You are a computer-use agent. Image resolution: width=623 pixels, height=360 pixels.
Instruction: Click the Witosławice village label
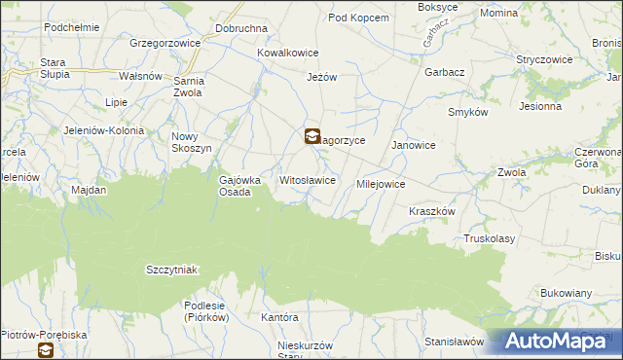tap(308, 181)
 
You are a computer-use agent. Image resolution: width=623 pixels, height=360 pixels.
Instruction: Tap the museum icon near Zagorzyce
tap(311, 137)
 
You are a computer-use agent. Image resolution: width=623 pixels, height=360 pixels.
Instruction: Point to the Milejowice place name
tap(381, 184)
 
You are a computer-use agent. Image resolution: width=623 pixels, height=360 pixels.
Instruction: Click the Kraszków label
tap(432, 211)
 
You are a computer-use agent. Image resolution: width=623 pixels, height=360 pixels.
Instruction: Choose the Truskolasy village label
tap(489, 238)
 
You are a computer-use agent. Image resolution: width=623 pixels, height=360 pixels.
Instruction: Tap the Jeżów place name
tap(321, 78)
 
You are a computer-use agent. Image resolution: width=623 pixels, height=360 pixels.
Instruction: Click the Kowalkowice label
tap(287, 54)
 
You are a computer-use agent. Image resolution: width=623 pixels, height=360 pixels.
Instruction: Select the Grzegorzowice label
tap(165, 44)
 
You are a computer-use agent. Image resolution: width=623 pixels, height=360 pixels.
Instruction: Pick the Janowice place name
tap(413, 145)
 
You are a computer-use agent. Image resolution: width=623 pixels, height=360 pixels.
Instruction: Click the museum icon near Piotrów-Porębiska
tap(46, 352)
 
